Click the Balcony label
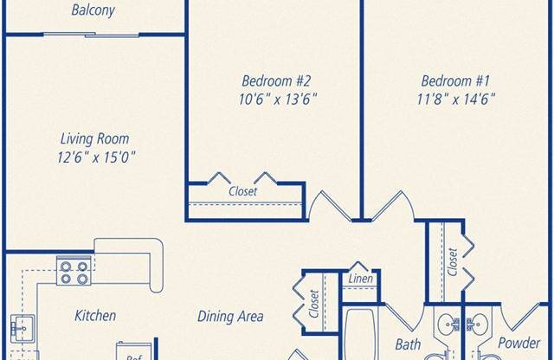(x=93, y=10)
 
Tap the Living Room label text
(x=94, y=138)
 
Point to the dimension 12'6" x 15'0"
(x=96, y=157)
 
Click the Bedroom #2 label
(x=276, y=80)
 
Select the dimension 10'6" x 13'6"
(x=278, y=99)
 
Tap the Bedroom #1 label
(x=456, y=80)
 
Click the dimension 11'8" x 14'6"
(x=456, y=99)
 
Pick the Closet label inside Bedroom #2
(x=242, y=191)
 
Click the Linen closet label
(x=360, y=279)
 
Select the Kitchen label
(x=95, y=316)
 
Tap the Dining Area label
(x=230, y=316)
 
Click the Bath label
(x=408, y=344)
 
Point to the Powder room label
(x=519, y=343)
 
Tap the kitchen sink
(x=22, y=329)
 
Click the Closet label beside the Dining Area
(x=314, y=304)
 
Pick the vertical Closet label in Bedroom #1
(x=453, y=262)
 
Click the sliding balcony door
(x=92, y=35)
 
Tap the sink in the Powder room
(x=477, y=324)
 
